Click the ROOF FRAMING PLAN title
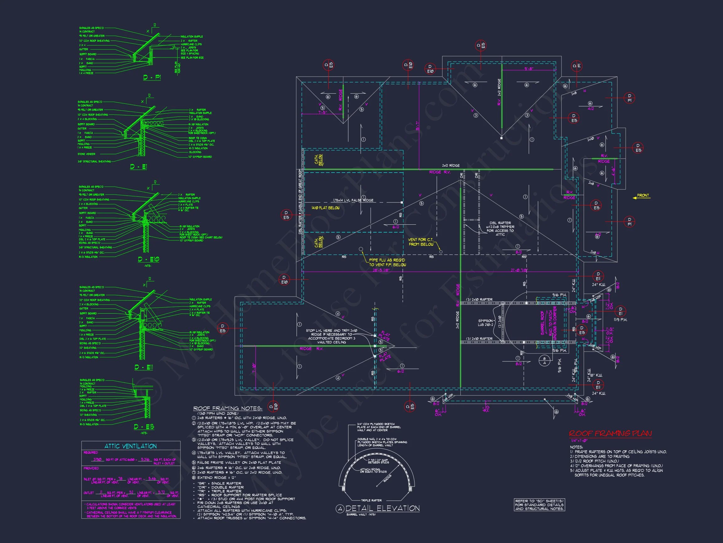coord(610,433)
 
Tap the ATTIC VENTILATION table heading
coord(131,446)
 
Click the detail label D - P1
coord(152,78)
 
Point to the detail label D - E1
coord(139,167)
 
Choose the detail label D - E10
coord(149,259)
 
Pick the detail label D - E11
coord(144,367)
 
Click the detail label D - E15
coord(144,427)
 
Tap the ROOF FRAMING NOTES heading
coord(228,409)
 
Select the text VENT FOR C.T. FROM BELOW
coord(421,242)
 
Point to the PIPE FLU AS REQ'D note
coord(387,262)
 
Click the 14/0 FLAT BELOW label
coord(325,208)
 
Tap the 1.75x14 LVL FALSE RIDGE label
coord(353,200)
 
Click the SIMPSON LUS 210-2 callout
coord(485,323)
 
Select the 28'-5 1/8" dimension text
coord(381,270)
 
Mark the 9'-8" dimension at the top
coord(528,69)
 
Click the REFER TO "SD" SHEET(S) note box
coord(539,505)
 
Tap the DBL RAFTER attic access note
coord(500,228)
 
